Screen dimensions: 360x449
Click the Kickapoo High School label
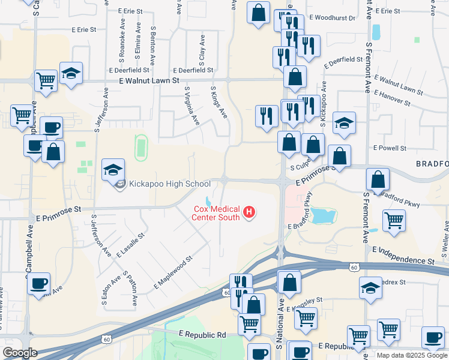tap(168, 184)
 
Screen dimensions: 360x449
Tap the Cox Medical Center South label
tap(215, 213)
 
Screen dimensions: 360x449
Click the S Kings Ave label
tap(219, 101)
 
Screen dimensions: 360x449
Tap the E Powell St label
tap(390, 148)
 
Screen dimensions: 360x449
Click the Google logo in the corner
tap(20, 353)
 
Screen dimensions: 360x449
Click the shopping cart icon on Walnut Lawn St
tap(46, 80)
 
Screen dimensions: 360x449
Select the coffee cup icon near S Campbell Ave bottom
tap(39, 283)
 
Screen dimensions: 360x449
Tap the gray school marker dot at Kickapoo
tap(119, 184)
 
